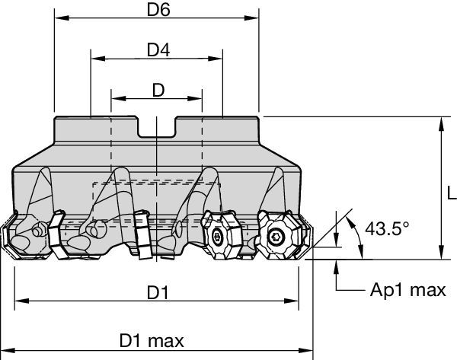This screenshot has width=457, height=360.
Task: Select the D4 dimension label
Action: tap(157, 48)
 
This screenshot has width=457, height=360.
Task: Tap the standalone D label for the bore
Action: tap(158, 88)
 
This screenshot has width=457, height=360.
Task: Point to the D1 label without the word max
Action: tap(158, 292)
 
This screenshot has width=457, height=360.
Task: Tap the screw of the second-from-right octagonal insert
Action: tap(220, 238)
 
